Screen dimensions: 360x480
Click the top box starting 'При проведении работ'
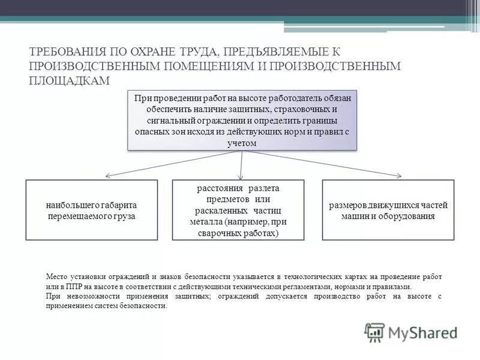(242, 120)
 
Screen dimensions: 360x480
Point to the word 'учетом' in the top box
(242, 143)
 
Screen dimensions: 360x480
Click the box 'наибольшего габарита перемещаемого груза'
(91, 210)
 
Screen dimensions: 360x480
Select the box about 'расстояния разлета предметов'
(238, 210)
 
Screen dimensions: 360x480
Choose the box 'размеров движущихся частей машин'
(388, 210)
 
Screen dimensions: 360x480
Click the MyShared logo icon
(374, 332)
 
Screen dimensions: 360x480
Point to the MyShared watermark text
(422, 332)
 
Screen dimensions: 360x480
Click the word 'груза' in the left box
(124, 215)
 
